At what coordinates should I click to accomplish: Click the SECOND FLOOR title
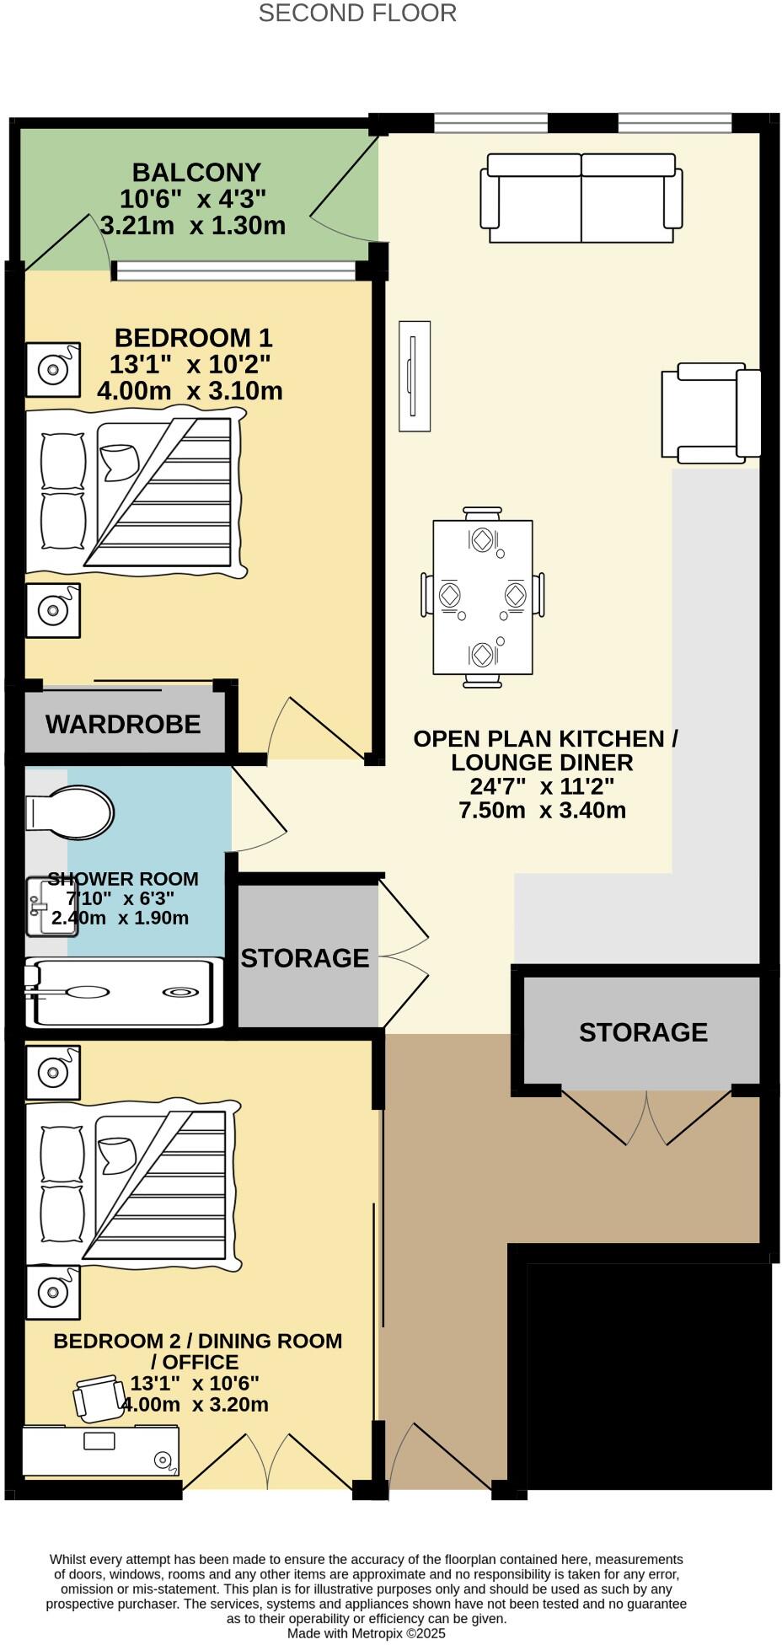pyautogui.click(x=357, y=13)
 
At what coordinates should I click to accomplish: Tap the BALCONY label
pyautogui.click(x=196, y=173)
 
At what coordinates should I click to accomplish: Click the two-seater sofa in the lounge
pyautogui.click(x=581, y=199)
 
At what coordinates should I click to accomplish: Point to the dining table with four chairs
pyautogui.click(x=482, y=597)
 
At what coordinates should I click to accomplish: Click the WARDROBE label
pyautogui.click(x=123, y=724)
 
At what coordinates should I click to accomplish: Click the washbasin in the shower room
pyautogui.click(x=45, y=907)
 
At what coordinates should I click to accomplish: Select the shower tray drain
pyautogui.click(x=180, y=992)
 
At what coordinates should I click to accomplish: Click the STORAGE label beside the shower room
pyautogui.click(x=305, y=958)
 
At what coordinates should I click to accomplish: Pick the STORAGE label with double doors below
pyautogui.click(x=643, y=1032)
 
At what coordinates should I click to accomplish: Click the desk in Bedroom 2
pyautogui.click(x=100, y=1450)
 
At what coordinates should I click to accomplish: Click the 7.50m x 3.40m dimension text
pyautogui.click(x=542, y=811)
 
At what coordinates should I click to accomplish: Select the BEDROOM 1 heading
pyautogui.click(x=193, y=338)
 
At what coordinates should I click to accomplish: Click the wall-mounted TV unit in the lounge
pyautogui.click(x=414, y=377)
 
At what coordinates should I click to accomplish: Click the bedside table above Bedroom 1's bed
pyautogui.click(x=53, y=369)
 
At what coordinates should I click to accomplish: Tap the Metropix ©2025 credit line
pyautogui.click(x=366, y=1633)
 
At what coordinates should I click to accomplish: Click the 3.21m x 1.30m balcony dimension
pyautogui.click(x=193, y=226)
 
